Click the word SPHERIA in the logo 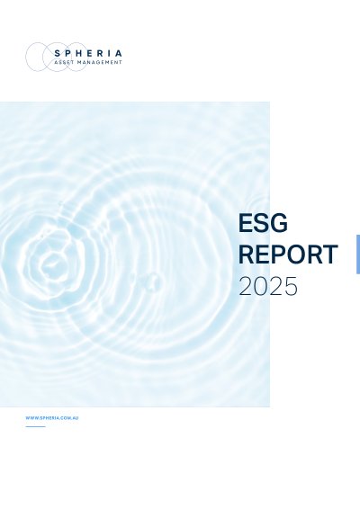88,53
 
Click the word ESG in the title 263,223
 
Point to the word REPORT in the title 288,254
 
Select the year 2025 268,286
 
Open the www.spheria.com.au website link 52,418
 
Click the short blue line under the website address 35,426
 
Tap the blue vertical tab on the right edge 358,254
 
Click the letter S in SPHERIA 58,53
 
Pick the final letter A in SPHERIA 119,53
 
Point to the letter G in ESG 279,223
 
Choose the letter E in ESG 246,223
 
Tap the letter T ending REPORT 330,254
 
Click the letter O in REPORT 293,254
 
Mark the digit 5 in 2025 291,286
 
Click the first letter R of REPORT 246,254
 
